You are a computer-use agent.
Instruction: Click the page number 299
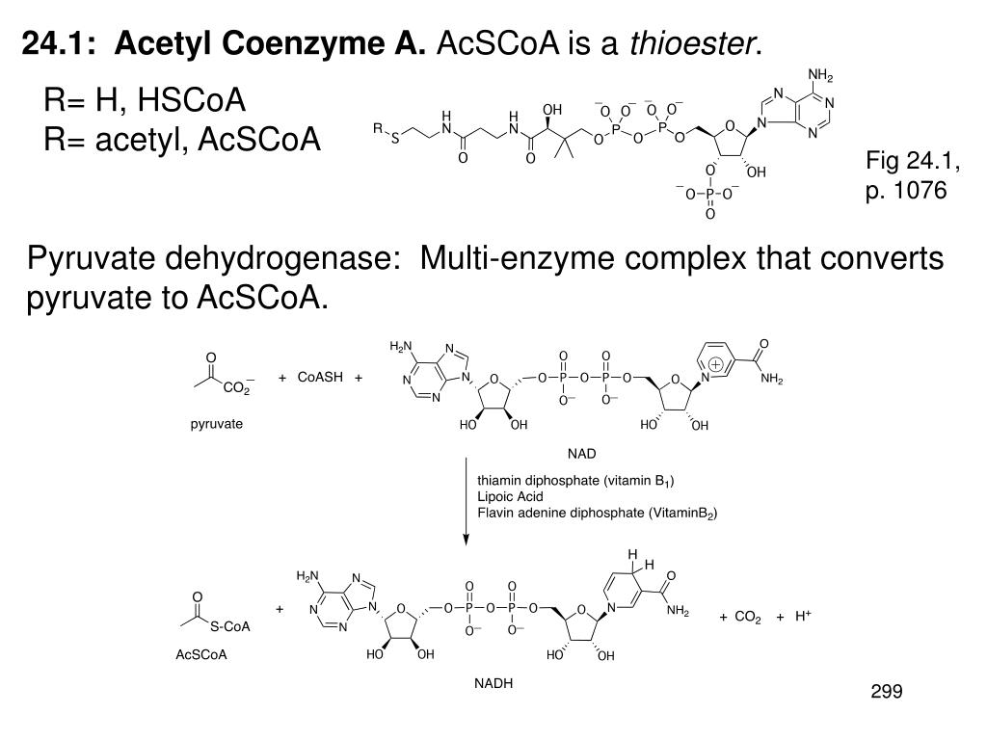tap(885, 691)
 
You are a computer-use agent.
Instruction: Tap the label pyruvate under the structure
tap(216, 424)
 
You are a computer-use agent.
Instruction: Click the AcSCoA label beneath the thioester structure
tap(202, 655)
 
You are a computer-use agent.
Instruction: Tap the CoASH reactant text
tap(320, 377)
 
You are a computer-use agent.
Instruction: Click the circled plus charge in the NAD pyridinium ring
tap(716, 365)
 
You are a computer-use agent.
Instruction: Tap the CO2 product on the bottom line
tap(747, 618)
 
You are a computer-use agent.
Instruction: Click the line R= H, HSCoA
tap(146, 100)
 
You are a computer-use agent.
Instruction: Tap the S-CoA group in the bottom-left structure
tap(229, 626)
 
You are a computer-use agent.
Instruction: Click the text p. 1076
tap(906, 190)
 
